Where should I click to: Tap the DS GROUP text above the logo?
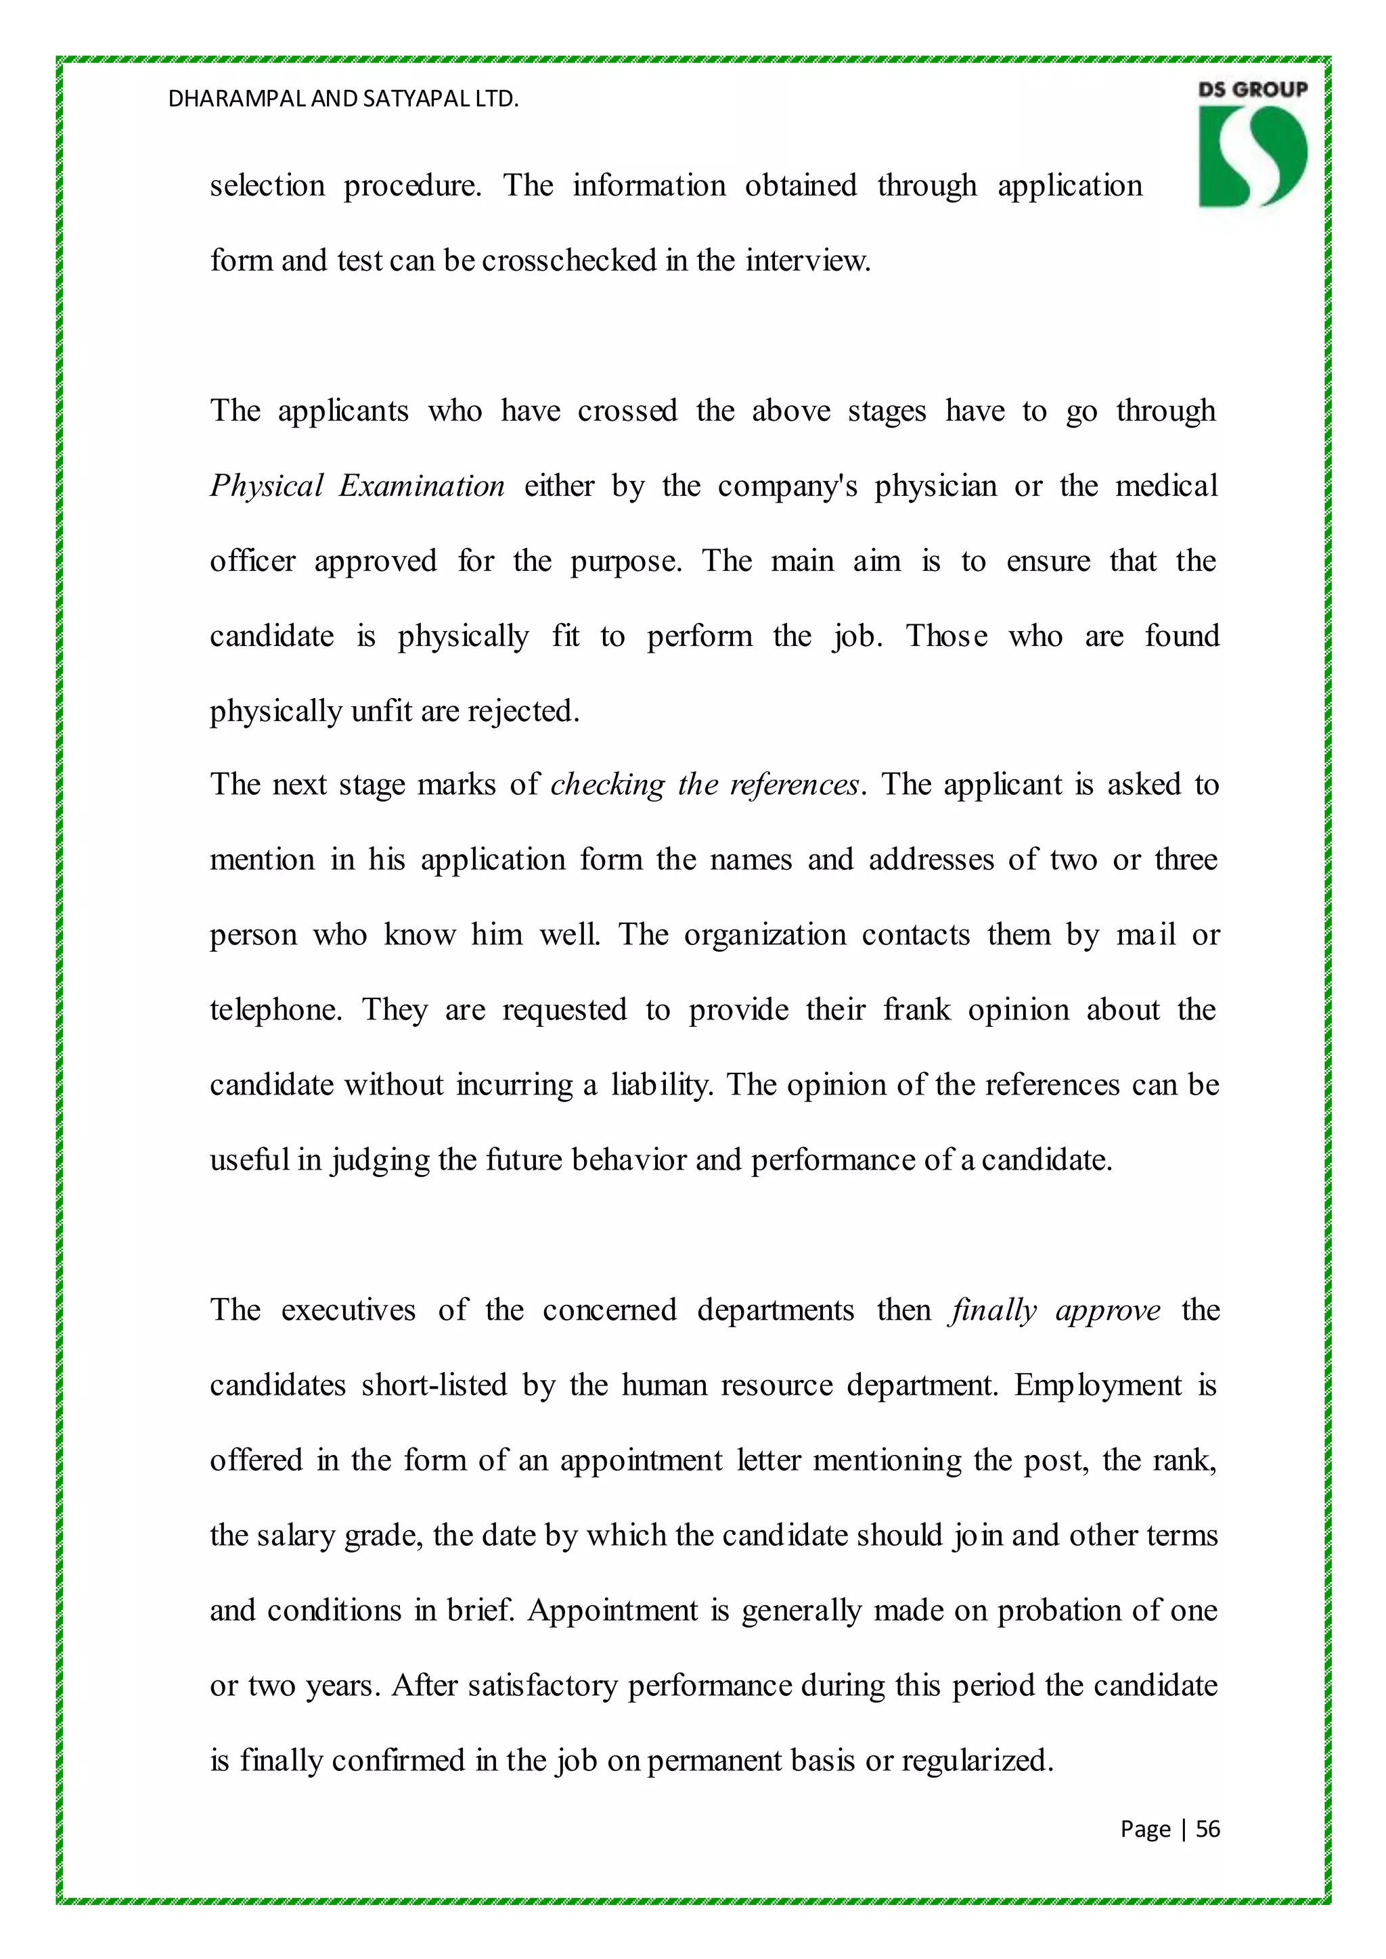(x=1252, y=89)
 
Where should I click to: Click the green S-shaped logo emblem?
(x=1252, y=158)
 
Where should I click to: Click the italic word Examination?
(x=422, y=486)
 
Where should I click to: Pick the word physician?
(x=935, y=486)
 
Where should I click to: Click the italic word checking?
(x=607, y=784)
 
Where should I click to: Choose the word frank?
(x=916, y=1009)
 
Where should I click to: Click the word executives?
(x=349, y=1310)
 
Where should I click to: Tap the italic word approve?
(x=1108, y=1310)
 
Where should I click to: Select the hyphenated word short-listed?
(x=434, y=1385)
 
